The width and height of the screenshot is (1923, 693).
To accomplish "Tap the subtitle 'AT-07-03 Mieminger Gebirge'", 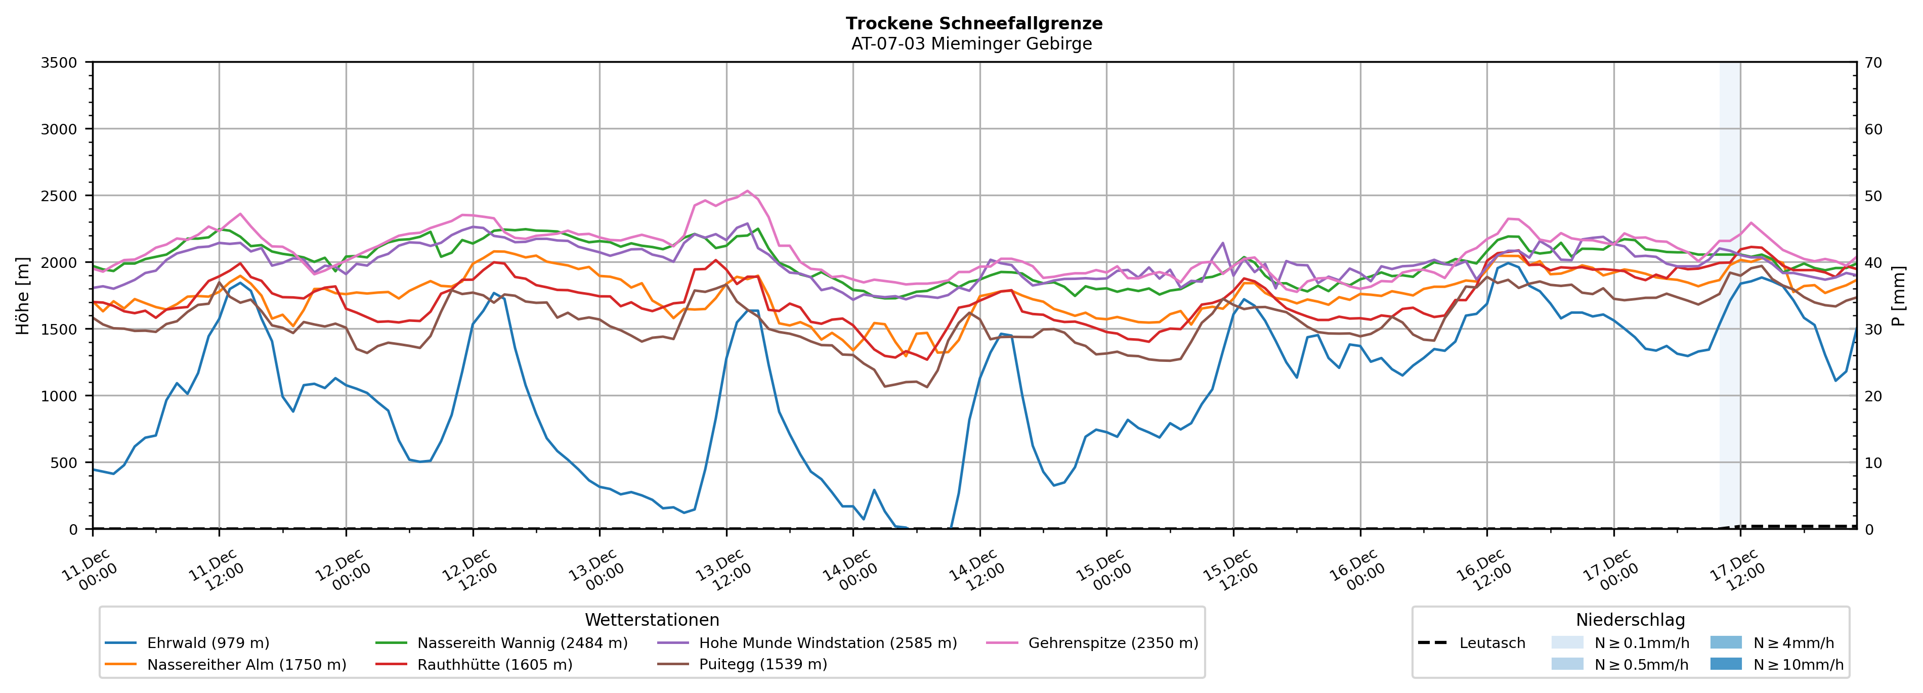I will coord(971,43).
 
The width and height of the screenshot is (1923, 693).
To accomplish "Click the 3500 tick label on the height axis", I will coord(58,63).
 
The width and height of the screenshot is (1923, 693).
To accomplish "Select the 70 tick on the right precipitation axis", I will coord(1873,63).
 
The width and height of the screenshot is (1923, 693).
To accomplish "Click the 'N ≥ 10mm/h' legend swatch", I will coord(1726,664).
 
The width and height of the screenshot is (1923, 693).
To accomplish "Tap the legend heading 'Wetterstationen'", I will coord(652,620).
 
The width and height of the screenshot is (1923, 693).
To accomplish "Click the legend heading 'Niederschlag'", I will coord(1631,620).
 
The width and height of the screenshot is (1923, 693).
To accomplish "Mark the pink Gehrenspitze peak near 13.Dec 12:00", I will coord(747,191).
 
